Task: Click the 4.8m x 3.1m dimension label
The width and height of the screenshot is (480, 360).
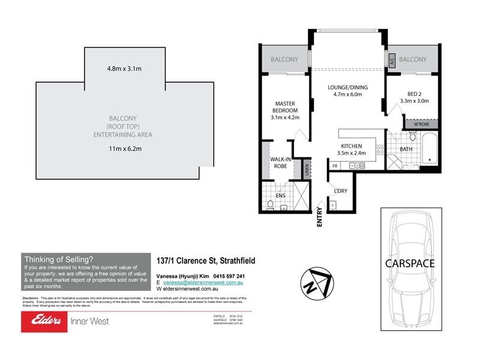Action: tap(124, 68)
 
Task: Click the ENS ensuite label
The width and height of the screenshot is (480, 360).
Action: tap(280, 196)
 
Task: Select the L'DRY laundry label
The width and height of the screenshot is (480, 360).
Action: tap(340, 191)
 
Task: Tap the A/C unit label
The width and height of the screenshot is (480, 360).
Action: tap(389, 60)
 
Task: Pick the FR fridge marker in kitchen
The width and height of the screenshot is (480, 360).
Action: tap(335, 165)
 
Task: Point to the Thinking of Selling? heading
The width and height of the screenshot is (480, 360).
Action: tap(58, 259)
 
